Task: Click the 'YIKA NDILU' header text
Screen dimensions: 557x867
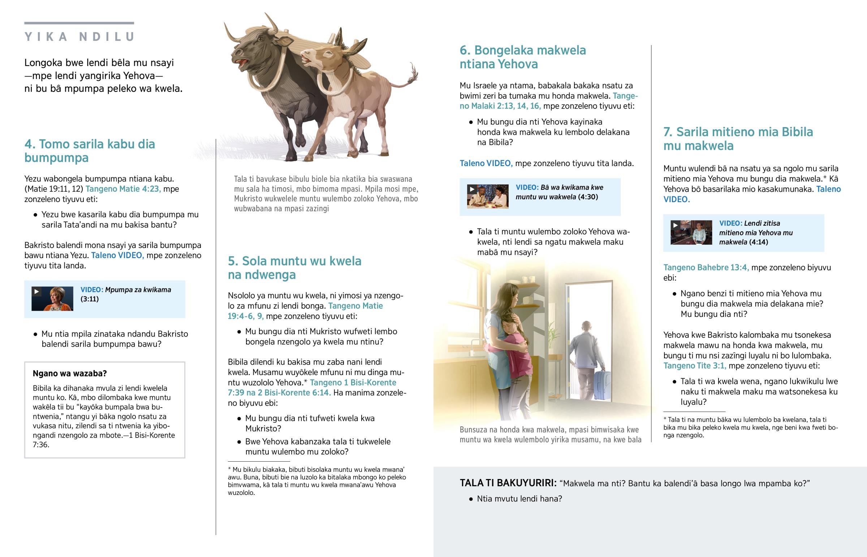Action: click(x=79, y=37)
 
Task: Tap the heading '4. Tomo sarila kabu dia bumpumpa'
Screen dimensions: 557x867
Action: click(x=89, y=151)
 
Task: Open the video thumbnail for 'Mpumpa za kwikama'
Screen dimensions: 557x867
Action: click(x=52, y=299)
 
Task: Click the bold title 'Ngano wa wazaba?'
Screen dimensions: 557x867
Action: click(x=69, y=373)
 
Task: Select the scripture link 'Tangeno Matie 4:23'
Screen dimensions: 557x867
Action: click(x=123, y=189)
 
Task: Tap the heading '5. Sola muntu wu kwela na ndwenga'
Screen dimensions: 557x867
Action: click(x=294, y=267)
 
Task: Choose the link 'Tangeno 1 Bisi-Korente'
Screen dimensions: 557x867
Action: click(x=353, y=383)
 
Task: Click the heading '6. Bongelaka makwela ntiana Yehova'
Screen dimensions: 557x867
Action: click(x=522, y=57)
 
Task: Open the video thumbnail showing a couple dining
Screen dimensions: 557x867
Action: click(x=487, y=197)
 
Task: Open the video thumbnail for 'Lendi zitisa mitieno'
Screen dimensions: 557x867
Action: click(x=691, y=232)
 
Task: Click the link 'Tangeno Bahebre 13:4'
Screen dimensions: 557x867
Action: click(x=706, y=267)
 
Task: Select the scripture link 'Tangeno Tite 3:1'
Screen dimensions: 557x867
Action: click(x=694, y=366)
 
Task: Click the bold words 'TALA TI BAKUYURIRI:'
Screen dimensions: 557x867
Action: click(x=508, y=483)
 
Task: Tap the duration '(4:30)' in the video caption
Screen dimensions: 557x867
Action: click(x=588, y=197)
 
